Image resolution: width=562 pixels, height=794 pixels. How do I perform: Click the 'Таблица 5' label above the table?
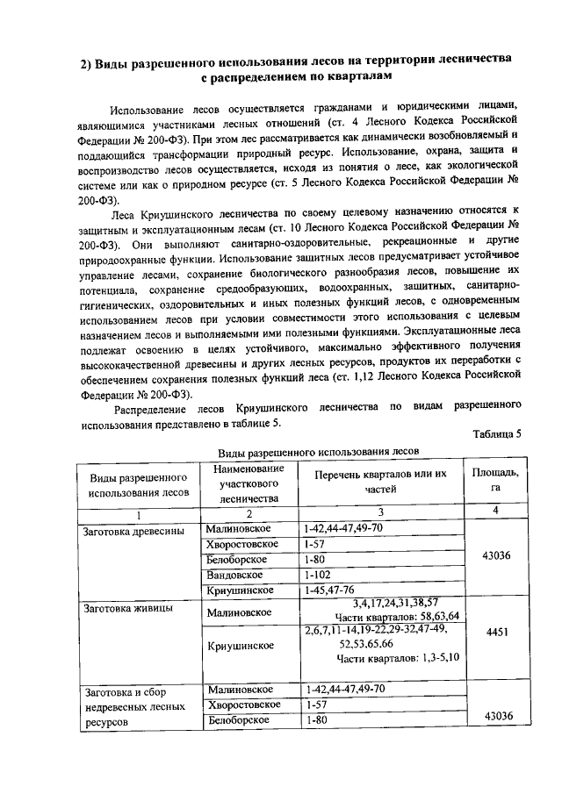(496, 433)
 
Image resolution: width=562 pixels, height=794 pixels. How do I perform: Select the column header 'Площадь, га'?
(495, 481)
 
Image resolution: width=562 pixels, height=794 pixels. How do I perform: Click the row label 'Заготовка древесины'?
(133, 531)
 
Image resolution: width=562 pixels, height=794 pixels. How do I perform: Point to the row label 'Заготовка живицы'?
(126, 606)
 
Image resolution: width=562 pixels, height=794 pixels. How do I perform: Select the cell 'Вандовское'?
(235, 575)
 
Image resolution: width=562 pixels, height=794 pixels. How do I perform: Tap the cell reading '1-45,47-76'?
(331, 590)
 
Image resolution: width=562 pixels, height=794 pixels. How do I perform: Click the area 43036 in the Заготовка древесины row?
(496, 554)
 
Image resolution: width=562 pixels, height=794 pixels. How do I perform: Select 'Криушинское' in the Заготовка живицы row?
(240, 645)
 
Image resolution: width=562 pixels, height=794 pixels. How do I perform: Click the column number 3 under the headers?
(380, 512)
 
